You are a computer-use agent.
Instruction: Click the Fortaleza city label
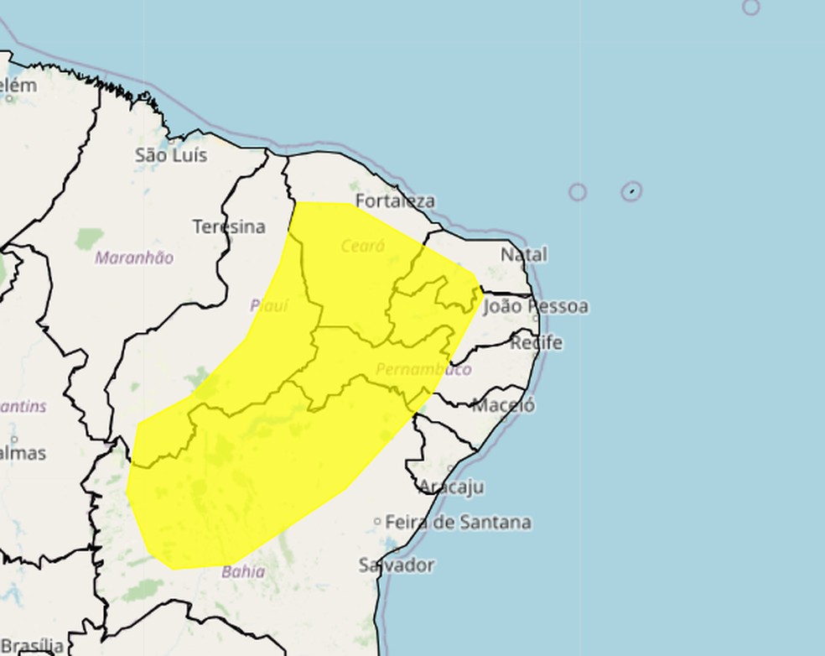395,201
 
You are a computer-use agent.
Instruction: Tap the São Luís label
170,155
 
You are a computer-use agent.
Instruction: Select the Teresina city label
228,226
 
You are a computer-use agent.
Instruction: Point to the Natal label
523,254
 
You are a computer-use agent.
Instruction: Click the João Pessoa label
536,306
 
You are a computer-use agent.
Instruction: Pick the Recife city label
536,343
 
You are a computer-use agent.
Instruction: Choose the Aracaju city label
451,487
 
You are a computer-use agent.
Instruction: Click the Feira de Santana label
458,523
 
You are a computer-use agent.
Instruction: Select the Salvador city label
397,565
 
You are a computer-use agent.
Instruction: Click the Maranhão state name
134,258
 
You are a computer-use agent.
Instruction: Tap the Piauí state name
269,306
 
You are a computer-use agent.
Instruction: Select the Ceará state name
363,246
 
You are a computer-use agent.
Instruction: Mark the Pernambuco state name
423,369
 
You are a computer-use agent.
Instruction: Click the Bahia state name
243,572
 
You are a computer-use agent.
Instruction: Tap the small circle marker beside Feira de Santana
377,522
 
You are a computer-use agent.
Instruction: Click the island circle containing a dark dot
632,191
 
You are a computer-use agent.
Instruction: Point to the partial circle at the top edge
750,7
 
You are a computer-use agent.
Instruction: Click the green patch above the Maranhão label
89,238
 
